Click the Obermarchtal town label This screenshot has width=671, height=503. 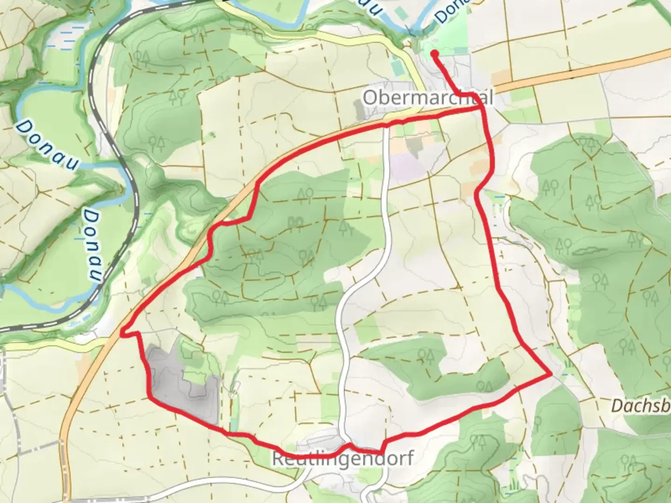(427, 98)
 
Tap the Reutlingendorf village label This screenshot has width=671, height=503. (342, 459)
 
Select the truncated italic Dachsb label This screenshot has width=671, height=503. (641, 405)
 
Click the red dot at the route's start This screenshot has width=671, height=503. (435, 54)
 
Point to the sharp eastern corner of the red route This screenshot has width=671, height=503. (551, 374)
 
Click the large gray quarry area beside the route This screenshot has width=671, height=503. (177, 382)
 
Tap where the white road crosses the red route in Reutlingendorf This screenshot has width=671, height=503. (347, 446)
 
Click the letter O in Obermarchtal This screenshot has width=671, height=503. (369, 98)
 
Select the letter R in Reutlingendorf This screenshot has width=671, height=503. (278, 459)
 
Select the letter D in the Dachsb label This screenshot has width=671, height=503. (616, 405)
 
